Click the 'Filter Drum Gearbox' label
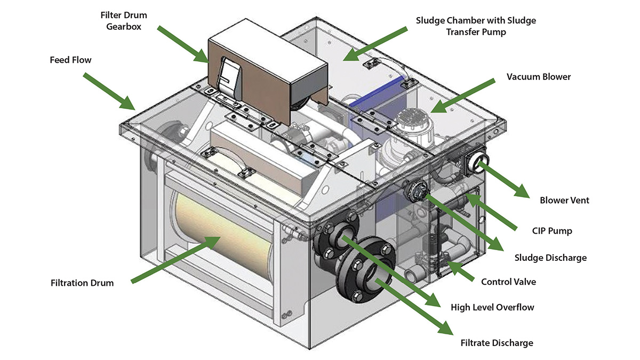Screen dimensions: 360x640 pos(123,20)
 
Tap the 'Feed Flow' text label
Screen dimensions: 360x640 pos(67,60)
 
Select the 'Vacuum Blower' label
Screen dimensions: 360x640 pos(539,77)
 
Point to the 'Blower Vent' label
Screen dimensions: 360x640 pos(564,201)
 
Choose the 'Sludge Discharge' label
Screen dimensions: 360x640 pos(550,258)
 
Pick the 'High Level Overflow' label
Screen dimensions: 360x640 pos(492,307)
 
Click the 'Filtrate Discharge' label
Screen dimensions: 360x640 pos(497,342)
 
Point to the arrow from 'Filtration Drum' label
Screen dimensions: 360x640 pos(176,259)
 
